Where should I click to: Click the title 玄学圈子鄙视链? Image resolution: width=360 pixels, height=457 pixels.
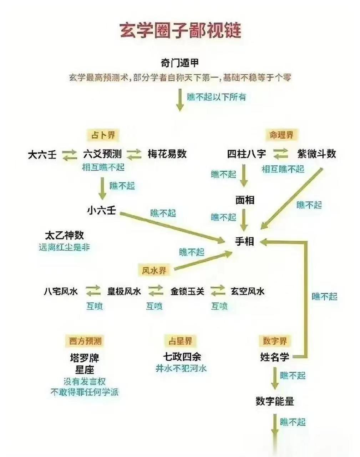[181, 31]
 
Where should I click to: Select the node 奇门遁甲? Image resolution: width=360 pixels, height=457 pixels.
[179, 63]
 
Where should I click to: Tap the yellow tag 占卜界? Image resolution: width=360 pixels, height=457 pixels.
[103, 135]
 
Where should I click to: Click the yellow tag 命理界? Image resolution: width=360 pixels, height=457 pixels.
[282, 135]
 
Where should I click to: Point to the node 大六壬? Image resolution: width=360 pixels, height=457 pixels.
[42, 154]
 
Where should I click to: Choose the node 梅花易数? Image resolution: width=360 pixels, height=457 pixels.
[167, 154]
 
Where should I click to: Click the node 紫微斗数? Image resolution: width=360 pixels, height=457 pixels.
[316, 154]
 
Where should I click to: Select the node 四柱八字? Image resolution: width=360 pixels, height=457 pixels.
[246, 154]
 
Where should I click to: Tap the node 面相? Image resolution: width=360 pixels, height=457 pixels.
[245, 200]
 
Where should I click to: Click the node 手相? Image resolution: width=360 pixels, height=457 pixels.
[244, 241]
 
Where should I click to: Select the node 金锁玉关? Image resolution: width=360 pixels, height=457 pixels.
[187, 291]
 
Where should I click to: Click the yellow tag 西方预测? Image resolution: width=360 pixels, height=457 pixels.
[85, 341]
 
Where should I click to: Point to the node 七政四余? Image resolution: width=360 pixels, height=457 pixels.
[182, 357]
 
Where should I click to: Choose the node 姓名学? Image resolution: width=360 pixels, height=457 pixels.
[274, 357]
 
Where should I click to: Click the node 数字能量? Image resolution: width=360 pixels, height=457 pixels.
[275, 401]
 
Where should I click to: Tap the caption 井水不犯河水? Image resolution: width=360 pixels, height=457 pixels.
[181, 368]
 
